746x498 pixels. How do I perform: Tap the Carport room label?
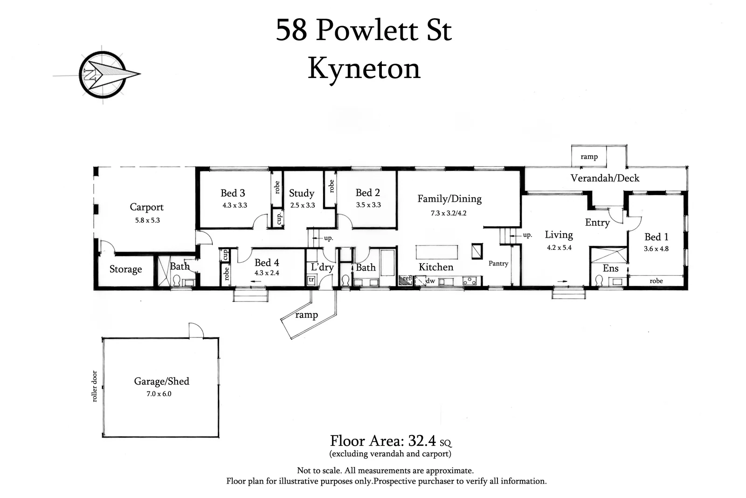[146, 207]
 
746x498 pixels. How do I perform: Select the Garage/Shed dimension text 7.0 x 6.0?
[159, 394]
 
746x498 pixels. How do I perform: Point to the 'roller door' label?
[95, 386]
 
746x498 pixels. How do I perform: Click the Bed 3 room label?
[233, 193]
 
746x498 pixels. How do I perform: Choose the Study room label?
[302, 193]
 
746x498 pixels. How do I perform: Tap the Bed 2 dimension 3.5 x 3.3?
[368, 205]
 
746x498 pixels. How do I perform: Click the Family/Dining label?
[449, 199]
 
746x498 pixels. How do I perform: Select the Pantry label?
[498, 264]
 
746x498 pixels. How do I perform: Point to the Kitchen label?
[436, 267]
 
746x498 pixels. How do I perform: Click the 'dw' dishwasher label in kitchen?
[430, 281]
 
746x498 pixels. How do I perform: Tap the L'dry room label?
[322, 267]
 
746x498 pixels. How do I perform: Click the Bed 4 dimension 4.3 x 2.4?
[267, 273]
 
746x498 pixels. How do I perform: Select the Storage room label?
[125, 269]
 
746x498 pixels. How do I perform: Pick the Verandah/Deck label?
[605, 178]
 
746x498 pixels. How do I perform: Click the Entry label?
[597, 223]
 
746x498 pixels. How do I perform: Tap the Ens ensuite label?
[610, 268]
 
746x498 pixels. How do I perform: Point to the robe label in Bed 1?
[656, 281]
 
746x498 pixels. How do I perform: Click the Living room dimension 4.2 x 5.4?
[559, 248]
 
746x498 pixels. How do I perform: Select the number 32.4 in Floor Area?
[422, 441]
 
